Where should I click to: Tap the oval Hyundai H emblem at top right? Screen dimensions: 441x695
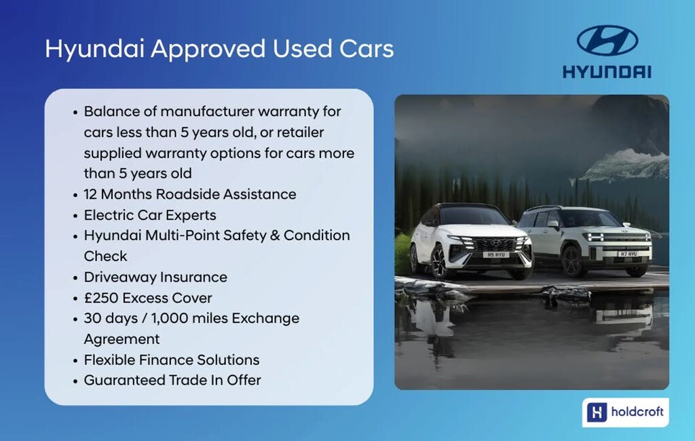(607, 41)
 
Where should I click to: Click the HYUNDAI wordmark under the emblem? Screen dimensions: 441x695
(607, 72)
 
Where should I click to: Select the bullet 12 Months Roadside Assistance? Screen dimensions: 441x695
(190, 194)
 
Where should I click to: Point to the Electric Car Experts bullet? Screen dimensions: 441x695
(150, 215)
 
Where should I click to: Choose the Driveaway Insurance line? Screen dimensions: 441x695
(155, 277)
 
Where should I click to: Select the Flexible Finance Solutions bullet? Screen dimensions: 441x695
(172, 360)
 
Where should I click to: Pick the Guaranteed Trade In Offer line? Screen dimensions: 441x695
(172, 380)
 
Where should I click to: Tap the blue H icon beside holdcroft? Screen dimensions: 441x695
(597, 412)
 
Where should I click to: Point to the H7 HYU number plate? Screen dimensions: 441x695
(628, 254)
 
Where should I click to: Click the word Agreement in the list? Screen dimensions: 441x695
(121, 339)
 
